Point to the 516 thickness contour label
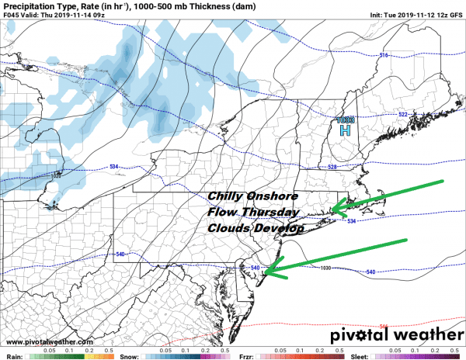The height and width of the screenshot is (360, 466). (x=383, y=55)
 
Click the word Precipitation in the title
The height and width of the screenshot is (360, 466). (x=28, y=6)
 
